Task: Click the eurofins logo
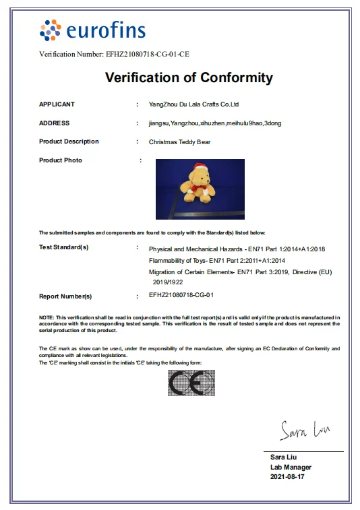pos(92,30)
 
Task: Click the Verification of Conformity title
pos(189,77)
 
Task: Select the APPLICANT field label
pos(57,104)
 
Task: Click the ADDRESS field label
pos(54,123)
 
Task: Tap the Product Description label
pos(69,141)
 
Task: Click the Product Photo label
pos(61,160)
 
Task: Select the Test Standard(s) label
pos(63,247)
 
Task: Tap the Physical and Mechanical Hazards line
pos(237,249)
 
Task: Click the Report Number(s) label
pos(65,296)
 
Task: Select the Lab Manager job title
pos(291,467)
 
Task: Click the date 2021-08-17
pos(287,477)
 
